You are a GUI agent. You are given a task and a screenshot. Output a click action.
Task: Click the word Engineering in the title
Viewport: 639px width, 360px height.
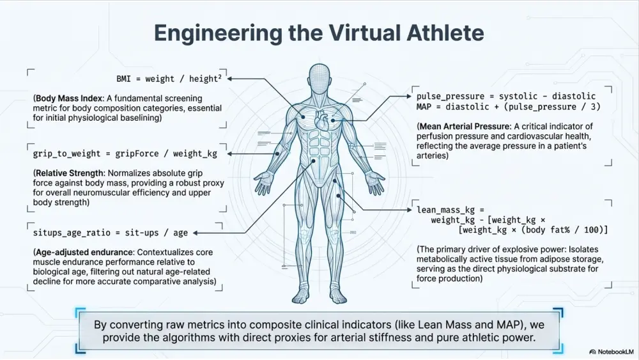(x=218, y=34)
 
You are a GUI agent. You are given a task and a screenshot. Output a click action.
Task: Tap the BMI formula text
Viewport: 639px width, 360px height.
(x=169, y=78)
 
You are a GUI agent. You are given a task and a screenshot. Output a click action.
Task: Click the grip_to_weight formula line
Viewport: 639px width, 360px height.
(x=125, y=153)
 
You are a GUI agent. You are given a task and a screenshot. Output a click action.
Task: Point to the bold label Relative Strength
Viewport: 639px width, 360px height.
(x=69, y=173)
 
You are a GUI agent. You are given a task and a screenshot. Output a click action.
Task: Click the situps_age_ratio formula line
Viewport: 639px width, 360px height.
(x=111, y=233)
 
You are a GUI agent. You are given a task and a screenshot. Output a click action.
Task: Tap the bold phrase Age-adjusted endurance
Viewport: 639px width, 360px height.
(x=84, y=253)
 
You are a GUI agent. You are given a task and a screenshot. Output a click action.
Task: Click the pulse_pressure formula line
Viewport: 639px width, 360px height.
(x=505, y=96)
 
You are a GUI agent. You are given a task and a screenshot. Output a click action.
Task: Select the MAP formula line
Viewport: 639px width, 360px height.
(x=508, y=107)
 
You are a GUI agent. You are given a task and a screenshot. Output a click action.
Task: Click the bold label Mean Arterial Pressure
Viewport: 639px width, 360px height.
(x=465, y=127)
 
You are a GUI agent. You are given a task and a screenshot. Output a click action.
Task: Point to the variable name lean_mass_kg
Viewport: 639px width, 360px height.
(x=445, y=210)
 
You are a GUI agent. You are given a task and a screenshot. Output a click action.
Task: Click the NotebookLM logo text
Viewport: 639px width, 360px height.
(x=615, y=352)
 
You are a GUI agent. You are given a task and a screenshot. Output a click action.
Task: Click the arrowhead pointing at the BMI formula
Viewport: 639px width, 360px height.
(x=229, y=78)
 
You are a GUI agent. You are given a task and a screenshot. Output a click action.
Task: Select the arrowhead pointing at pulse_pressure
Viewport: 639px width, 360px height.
(x=409, y=96)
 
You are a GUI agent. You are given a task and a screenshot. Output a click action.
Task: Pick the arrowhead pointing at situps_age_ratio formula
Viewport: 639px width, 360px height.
(x=195, y=233)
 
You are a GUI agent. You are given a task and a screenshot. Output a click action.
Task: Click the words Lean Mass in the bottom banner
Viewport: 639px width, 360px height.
(x=443, y=325)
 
